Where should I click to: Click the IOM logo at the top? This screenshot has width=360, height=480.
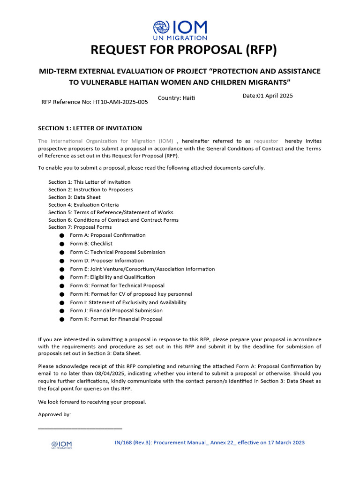point(180,30)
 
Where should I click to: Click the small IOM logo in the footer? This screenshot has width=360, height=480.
point(61,445)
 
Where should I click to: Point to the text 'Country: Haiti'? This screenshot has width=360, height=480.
point(176,97)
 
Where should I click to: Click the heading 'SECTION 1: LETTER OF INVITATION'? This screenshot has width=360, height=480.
point(90,128)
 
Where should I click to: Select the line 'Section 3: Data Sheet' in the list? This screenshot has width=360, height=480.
point(74,197)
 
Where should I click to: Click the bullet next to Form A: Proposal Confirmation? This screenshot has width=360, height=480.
point(61,236)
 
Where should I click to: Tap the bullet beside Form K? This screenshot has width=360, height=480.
point(61,319)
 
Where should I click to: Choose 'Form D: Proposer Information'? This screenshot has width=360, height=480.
point(107,261)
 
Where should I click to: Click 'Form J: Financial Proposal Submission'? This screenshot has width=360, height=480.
point(116,310)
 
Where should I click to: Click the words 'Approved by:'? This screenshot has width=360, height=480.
point(54,414)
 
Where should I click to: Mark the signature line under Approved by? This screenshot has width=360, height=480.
point(80,428)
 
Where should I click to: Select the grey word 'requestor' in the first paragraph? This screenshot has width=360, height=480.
point(266,141)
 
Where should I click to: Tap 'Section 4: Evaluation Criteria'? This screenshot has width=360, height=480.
point(83,205)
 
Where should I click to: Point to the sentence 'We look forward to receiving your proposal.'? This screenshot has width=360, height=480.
point(92,402)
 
